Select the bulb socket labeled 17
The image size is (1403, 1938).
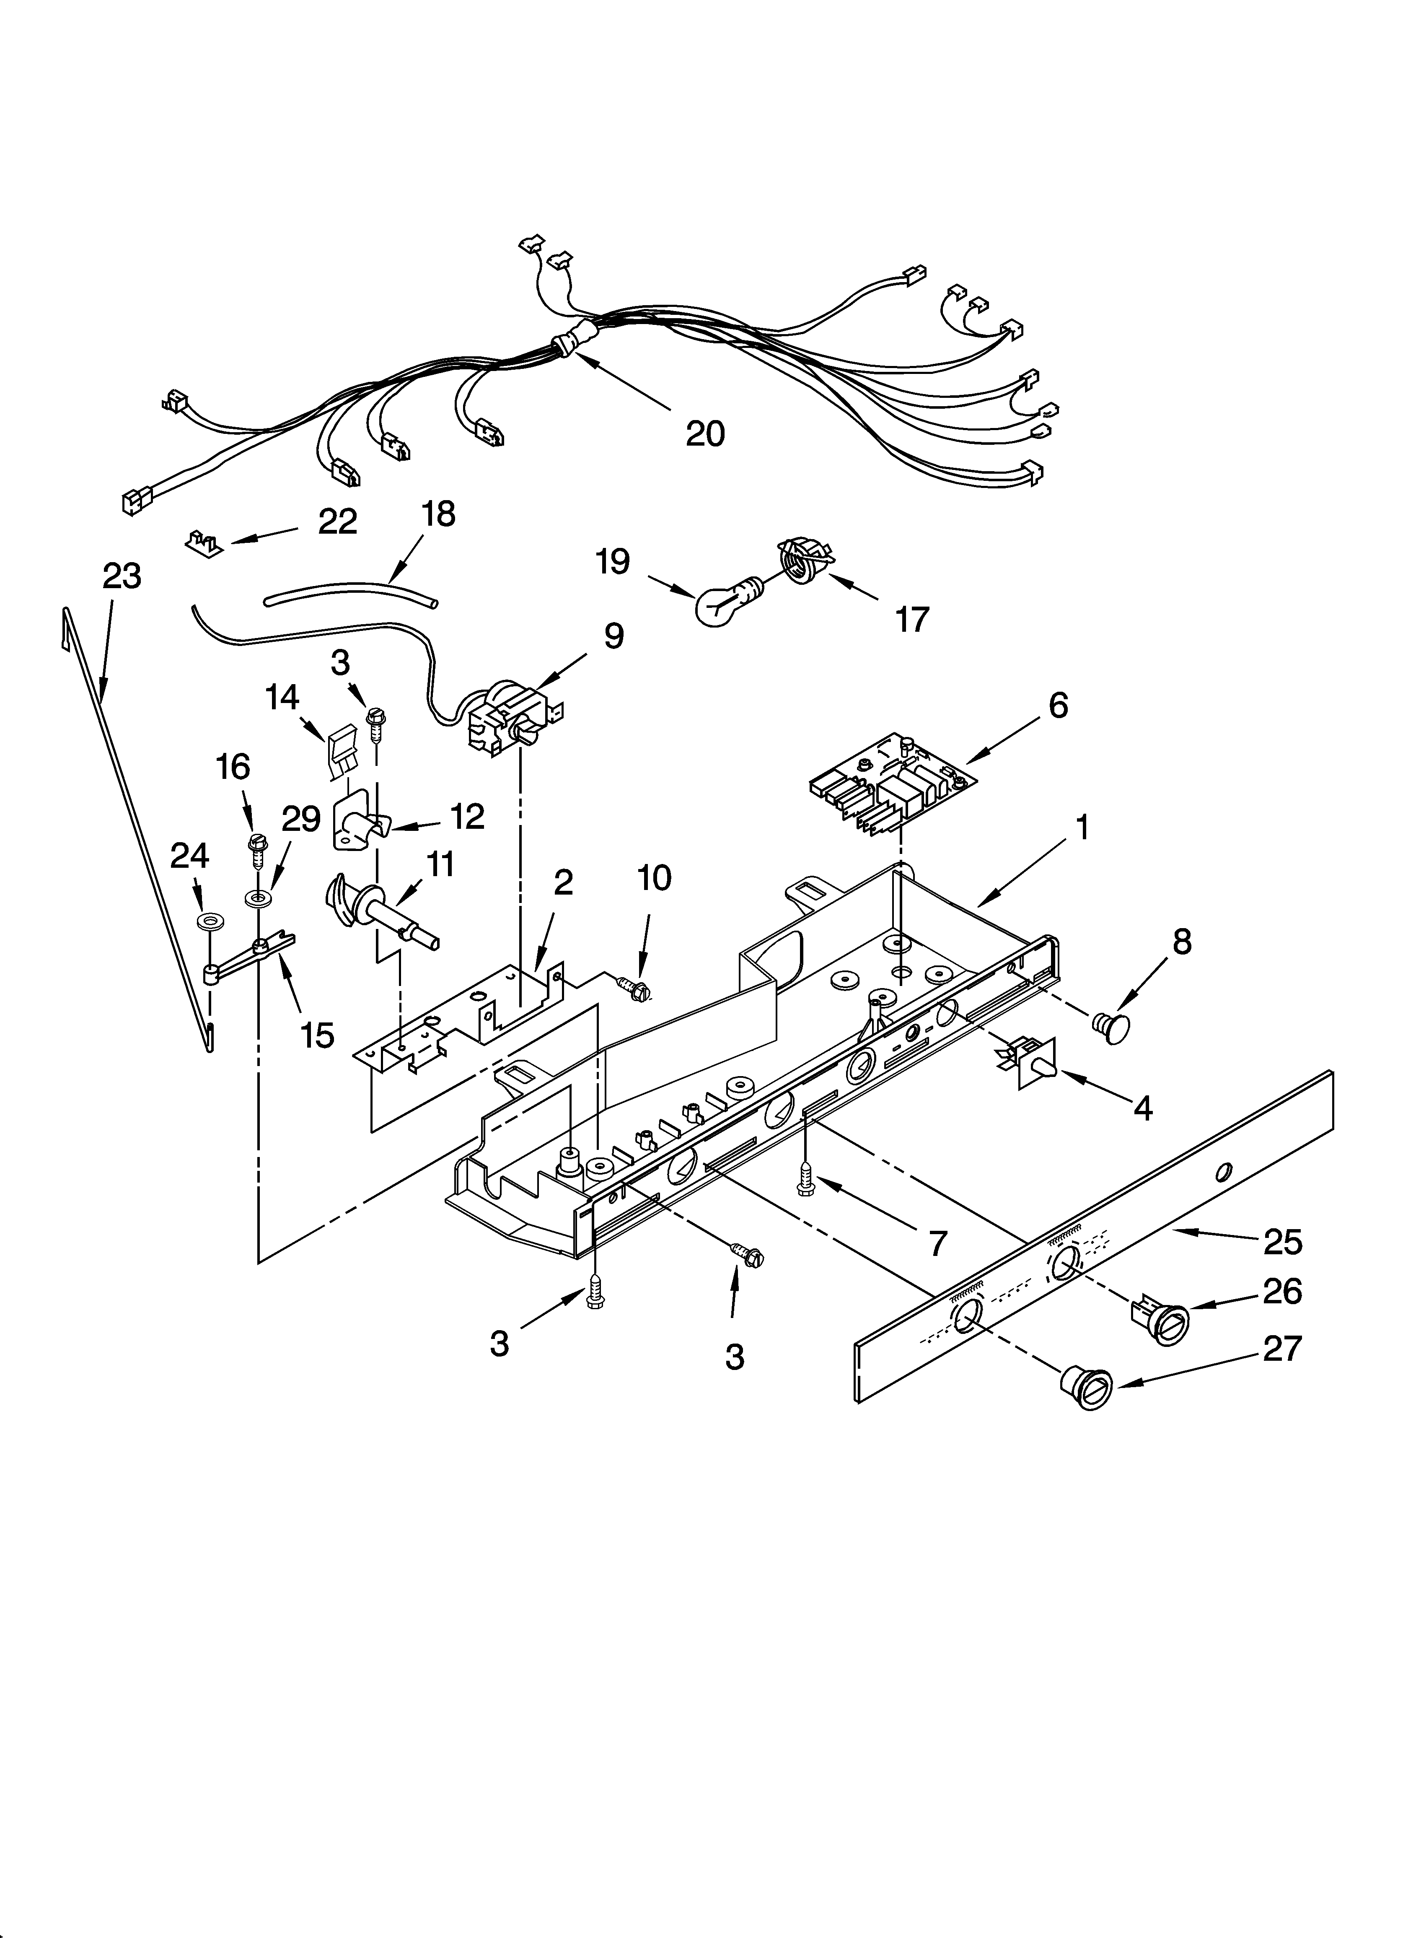click(804, 560)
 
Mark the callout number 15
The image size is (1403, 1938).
click(317, 1035)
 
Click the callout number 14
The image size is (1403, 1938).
click(282, 697)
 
